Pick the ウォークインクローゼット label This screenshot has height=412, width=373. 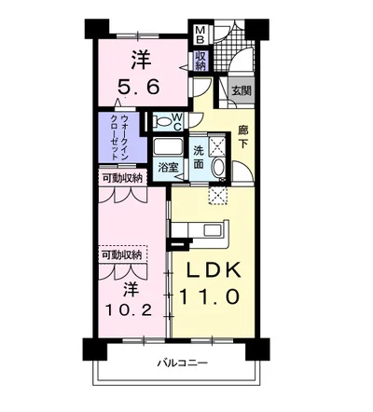click(x=119, y=136)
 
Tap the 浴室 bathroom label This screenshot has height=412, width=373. click(x=168, y=168)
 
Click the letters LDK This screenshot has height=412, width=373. click(x=211, y=271)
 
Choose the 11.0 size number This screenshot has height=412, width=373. click(x=211, y=299)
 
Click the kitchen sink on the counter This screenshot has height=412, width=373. click(x=210, y=230)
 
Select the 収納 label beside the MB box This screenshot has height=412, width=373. click(x=200, y=62)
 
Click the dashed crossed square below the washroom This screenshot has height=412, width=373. click(x=219, y=194)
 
